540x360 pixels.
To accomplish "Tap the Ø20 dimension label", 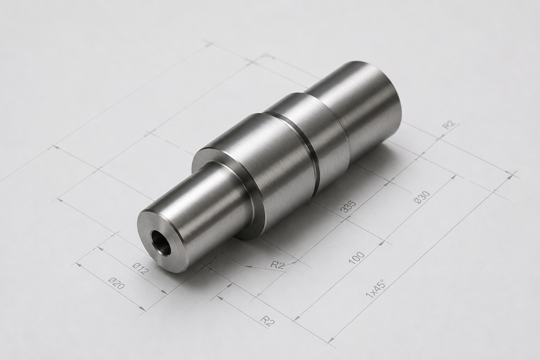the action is point(116,283).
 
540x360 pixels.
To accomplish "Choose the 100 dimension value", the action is point(356,258).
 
